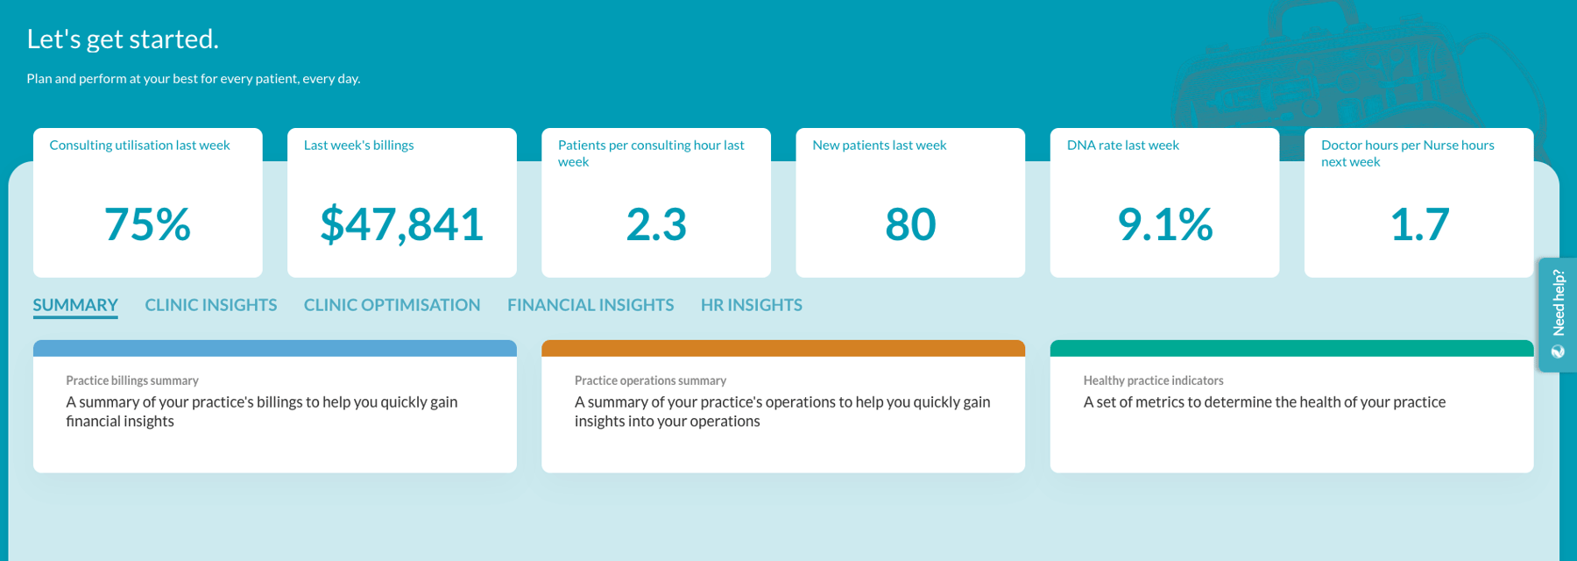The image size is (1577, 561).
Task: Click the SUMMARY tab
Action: pos(75,305)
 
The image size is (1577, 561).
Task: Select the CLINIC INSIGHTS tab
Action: pos(211,305)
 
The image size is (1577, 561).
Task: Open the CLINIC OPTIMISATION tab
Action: pos(392,305)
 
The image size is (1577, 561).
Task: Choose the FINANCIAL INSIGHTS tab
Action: pos(590,305)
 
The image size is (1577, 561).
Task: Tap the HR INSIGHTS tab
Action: pos(752,305)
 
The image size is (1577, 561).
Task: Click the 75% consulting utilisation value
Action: pos(147,224)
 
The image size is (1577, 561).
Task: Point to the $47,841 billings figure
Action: pos(402,224)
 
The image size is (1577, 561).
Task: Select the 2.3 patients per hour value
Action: pos(656,224)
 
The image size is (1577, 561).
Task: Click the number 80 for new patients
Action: pos(910,224)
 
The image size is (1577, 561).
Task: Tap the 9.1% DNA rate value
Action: pos(1165,224)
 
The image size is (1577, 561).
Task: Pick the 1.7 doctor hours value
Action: pos(1419,224)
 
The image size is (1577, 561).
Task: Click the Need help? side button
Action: pos(1558,315)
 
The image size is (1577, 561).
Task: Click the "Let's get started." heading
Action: pos(123,39)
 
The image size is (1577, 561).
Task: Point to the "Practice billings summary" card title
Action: pos(132,380)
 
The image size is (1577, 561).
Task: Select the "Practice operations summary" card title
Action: pos(650,380)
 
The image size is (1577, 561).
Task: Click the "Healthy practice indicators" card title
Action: pos(1153,380)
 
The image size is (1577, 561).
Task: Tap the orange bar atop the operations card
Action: pos(783,348)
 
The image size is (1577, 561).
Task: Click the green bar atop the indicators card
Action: pos(1291,348)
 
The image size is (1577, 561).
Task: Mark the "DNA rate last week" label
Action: pos(1123,146)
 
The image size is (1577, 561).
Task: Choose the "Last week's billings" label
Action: pos(358,146)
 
